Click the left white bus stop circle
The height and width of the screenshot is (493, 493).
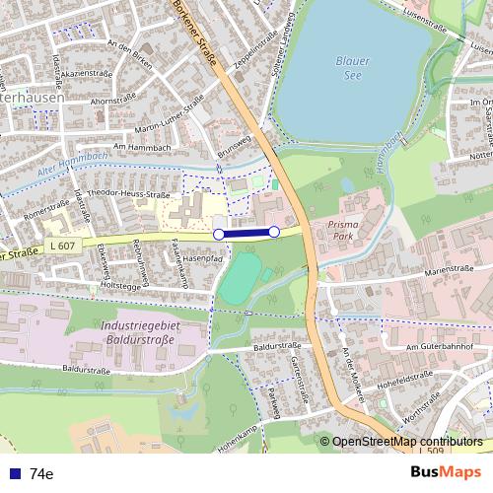(x=219, y=234)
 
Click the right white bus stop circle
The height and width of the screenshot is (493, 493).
(x=274, y=231)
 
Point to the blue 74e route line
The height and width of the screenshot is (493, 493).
(x=246, y=233)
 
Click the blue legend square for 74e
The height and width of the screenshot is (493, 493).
(x=14, y=473)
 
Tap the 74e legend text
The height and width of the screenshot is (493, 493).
(x=41, y=473)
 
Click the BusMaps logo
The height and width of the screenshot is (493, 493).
(x=446, y=472)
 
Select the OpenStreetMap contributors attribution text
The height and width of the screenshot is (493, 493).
(x=406, y=442)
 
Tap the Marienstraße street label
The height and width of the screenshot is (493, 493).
(x=456, y=269)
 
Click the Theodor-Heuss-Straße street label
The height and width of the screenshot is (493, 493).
(x=129, y=194)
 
